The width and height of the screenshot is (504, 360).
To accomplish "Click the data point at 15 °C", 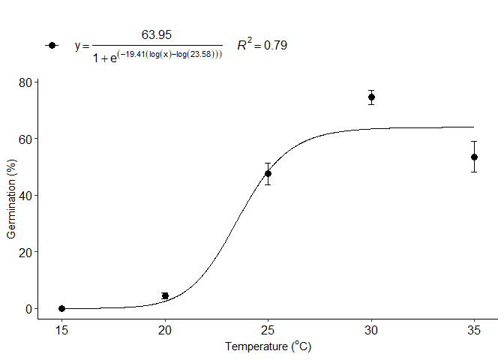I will tap(61, 308).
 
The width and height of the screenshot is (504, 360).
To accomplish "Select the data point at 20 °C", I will tap(165, 296).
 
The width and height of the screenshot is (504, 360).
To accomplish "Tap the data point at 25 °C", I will tap(268, 173).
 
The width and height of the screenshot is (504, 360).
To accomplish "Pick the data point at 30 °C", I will tap(371, 97).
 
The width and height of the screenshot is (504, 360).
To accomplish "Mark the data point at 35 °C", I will tap(474, 157).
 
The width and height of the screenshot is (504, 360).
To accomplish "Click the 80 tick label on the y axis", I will tap(25, 82).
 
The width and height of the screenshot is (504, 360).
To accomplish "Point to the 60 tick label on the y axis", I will tap(25, 139).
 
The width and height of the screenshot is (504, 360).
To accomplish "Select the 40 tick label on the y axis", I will tap(25, 195).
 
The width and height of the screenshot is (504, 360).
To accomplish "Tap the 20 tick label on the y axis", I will tap(25, 252).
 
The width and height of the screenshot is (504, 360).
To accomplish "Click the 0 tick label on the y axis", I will tap(28, 308).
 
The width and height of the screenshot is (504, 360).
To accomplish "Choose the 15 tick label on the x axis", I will tap(61, 330).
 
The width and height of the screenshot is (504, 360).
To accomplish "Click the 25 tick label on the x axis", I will tap(268, 330).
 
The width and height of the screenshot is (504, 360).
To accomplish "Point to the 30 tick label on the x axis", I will tap(371, 330).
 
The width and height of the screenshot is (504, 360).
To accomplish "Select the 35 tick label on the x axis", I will tap(474, 330).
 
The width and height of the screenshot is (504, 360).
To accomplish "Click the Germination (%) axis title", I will tap(11, 201).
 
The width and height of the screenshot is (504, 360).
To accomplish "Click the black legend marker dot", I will tap(51, 45).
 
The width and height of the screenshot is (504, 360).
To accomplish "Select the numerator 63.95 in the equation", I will tap(157, 34).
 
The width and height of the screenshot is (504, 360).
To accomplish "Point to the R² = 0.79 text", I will tap(262, 46).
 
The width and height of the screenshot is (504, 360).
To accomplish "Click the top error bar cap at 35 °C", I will tap(474, 141).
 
